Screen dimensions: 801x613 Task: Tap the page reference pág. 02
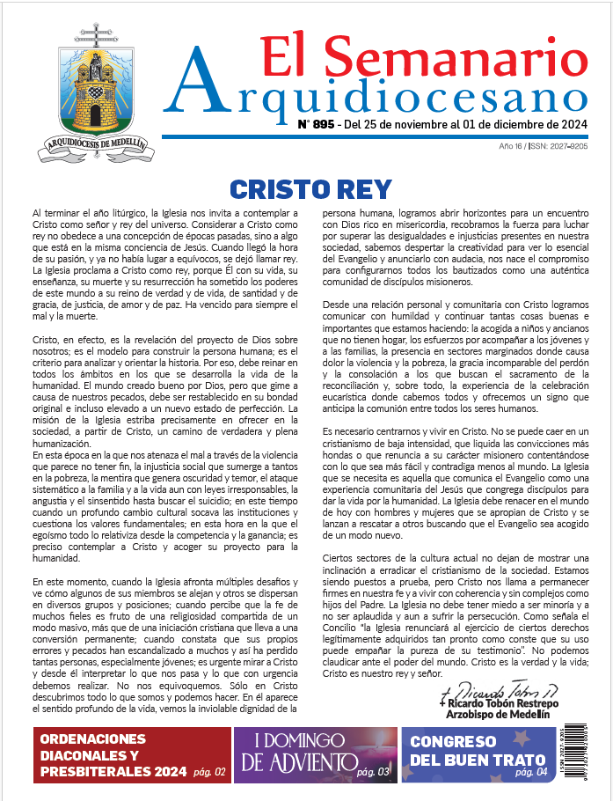click(x=208, y=773)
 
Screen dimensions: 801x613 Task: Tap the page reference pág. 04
click(x=530, y=772)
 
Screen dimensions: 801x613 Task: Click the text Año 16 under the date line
click(x=512, y=146)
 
